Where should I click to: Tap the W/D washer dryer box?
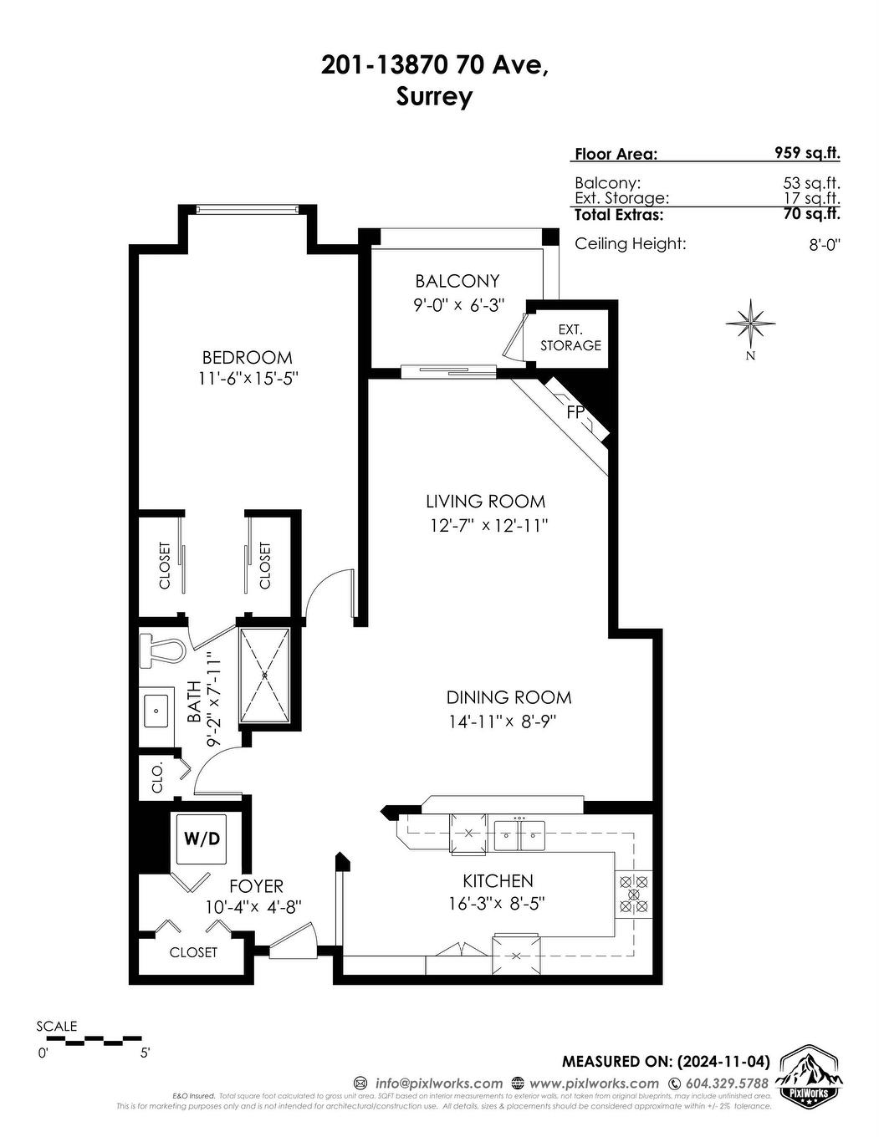point(201,839)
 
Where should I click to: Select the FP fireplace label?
point(575,412)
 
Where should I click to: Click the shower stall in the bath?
point(264,675)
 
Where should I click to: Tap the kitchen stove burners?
point(633,894)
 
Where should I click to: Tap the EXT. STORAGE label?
point(570,337)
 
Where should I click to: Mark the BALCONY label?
point(457,281)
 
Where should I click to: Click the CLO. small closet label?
point(156,777)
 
